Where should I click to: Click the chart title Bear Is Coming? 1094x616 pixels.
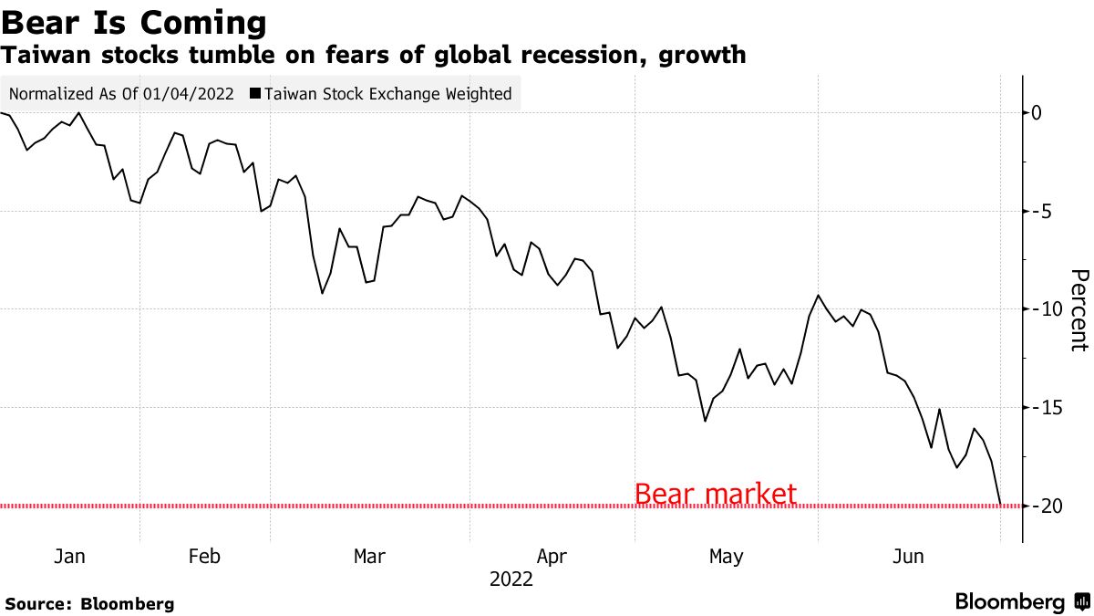[134, 22]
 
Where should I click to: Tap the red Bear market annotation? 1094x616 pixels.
[715, 495]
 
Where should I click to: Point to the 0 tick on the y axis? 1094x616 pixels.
[1037, 113]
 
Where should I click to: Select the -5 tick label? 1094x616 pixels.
[1040, 211]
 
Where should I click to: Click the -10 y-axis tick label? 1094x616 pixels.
[1044, 309]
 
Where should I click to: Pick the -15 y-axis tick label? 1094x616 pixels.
[1044, 407]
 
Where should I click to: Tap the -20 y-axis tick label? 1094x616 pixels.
[1044, 506]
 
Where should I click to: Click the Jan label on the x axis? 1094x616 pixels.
[69, 556]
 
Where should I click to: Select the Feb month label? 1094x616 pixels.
[203, 556]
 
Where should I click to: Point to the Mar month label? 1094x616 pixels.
[369, 556]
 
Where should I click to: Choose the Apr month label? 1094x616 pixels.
[552, 556]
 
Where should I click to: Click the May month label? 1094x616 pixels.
[726, 556]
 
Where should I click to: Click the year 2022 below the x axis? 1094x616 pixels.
[511, 579]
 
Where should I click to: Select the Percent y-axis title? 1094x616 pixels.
[1079, 310]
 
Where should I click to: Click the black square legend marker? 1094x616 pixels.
[255, 94]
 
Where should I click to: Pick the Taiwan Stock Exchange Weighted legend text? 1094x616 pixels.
[388, 94]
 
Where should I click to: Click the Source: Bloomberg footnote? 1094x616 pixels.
[89, 604]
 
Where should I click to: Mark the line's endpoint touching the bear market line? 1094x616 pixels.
[1001, 505]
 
